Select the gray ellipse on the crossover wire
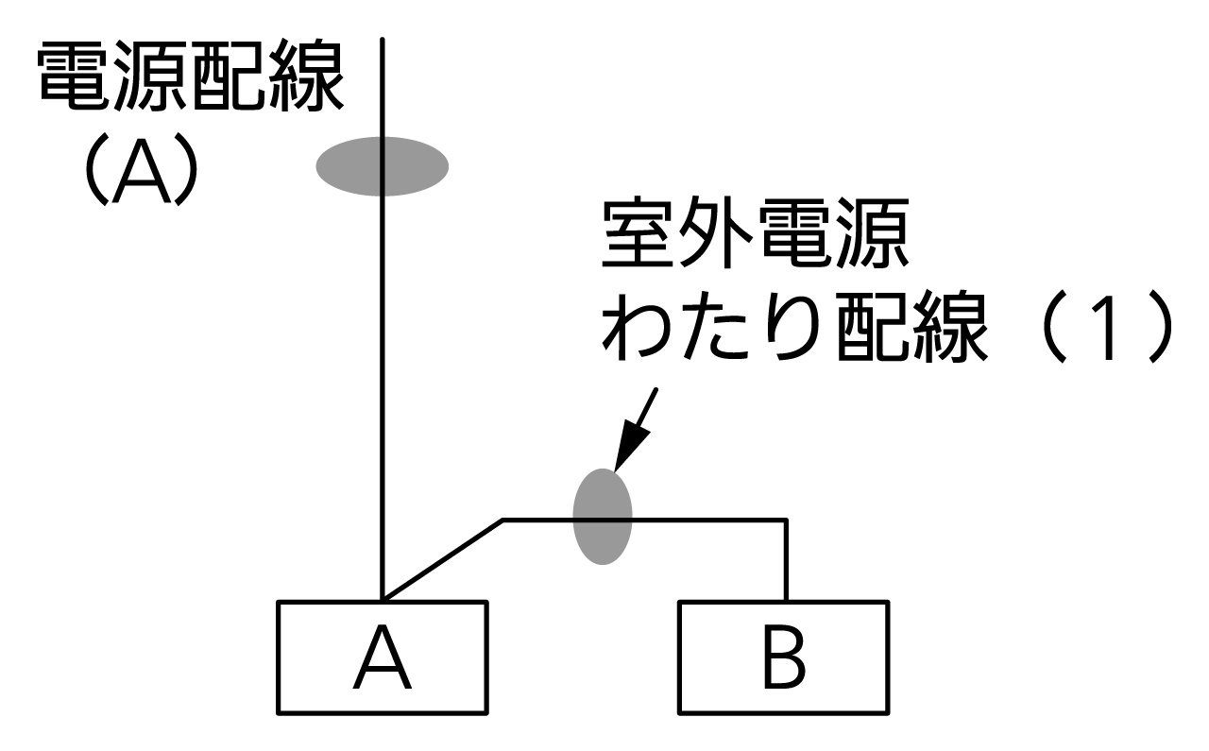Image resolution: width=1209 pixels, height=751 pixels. [603, 516]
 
